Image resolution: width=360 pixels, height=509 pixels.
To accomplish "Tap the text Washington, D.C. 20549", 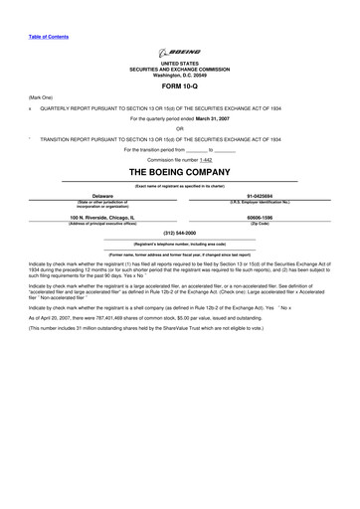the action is (179, 73).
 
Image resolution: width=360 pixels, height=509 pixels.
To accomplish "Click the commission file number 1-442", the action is (206, 159).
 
